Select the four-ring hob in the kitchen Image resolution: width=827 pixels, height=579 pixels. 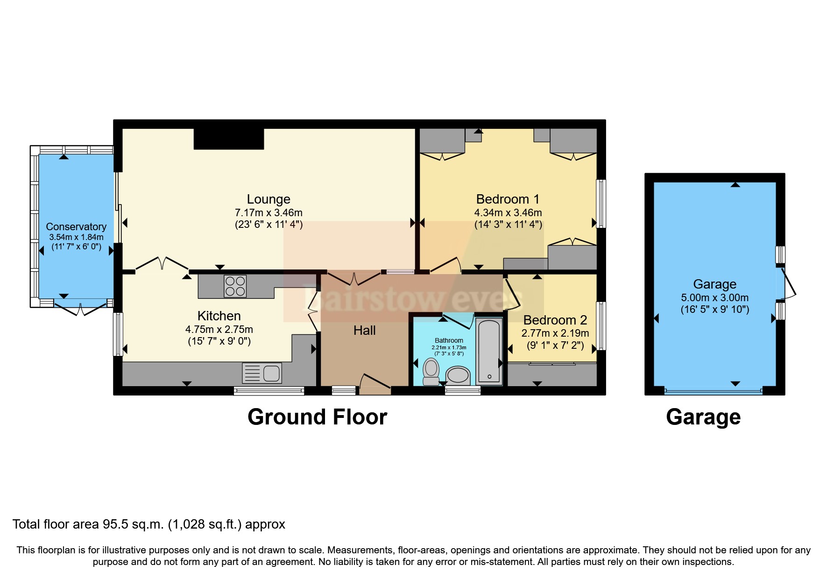click(x=235, y=286)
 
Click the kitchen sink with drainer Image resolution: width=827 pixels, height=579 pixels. click(x=262, y=373)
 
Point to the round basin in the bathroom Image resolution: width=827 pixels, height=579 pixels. click(x=458, y=375)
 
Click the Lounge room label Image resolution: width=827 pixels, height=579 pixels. click(x=269, y=199)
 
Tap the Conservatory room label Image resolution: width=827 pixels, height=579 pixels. click(x=76, y=226)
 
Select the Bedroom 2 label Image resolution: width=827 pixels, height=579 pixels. click(x=555, y=320)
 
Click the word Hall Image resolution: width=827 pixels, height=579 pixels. click(x=364, y=331)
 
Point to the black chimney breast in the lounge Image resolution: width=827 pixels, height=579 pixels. click(x=229, y=139)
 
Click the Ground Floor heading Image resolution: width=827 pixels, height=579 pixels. click(x=317, y=417)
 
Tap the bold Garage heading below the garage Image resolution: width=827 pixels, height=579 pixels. click(x=703, y=417)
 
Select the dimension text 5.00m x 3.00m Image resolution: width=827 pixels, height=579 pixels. click(x=714, y=297)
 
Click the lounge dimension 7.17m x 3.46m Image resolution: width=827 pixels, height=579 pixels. click(x=269, y=212)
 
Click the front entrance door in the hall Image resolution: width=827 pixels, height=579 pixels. click(x=375, y=382)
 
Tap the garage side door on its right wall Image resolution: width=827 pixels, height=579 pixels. click(x=786, y=282)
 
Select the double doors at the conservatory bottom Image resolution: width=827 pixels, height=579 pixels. click(x=80, y=309)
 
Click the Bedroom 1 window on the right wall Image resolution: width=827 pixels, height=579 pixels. click(x=602, y=204)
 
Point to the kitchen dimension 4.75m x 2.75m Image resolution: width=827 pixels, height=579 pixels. click(x=219, y=329)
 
